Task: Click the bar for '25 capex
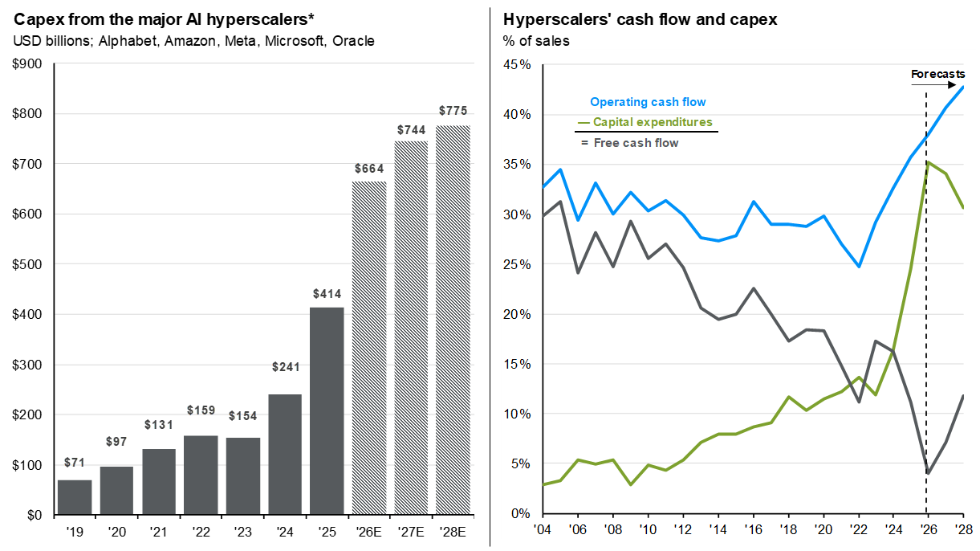327,410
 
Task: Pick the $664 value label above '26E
369,169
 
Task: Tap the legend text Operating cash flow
648,102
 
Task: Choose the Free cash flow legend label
636,143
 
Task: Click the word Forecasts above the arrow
937,75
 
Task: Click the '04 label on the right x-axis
543,529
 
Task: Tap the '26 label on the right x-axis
927,529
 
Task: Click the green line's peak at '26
928,162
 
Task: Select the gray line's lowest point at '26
928,473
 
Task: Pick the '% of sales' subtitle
535,40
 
